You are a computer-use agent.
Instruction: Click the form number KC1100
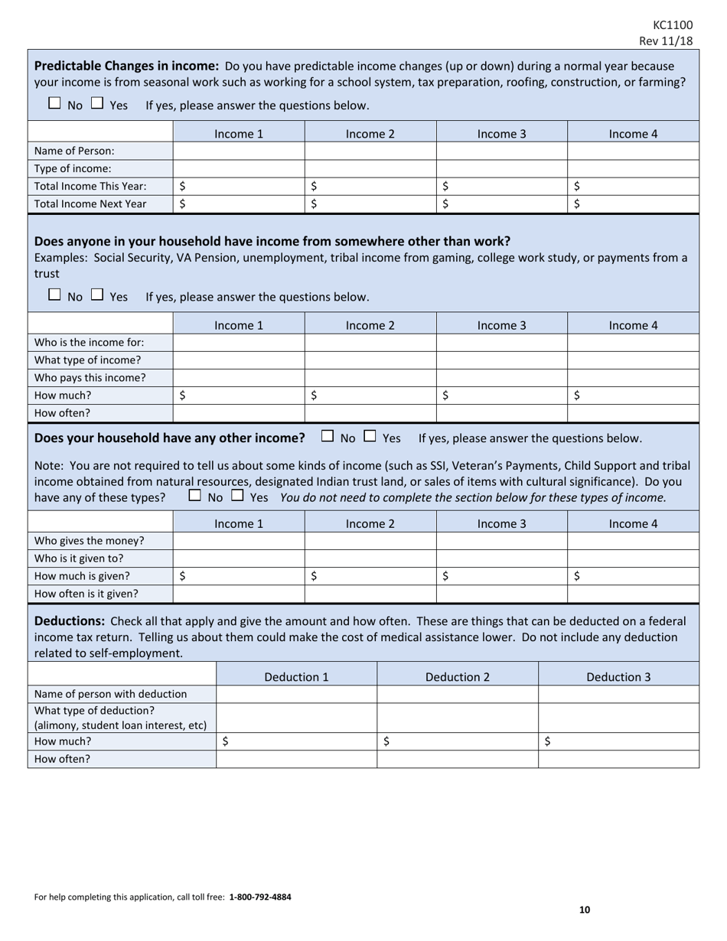[x=673, y=24]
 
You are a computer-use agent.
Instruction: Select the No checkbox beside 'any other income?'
[x=328, y=437]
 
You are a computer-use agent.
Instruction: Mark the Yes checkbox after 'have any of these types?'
[x=237, y=496]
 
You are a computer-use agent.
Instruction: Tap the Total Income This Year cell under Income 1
[x=239, y=186]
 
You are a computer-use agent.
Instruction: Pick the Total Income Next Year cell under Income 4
[x=633, y=204]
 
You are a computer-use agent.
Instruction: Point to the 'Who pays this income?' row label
[x=90, y=377]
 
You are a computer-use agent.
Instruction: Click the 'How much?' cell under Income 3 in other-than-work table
[x=501, y=396]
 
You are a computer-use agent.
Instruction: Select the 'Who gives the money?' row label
[x=90, y=541]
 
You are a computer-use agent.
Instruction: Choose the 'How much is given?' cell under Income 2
[x=370, y=576]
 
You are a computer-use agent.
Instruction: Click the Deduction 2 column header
[x=458, y=676]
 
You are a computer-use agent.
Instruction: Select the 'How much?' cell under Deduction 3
[x=618, y=741]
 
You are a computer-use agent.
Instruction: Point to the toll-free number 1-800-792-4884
[x=259, y=897]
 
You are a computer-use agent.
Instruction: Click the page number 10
[x=585, y=910]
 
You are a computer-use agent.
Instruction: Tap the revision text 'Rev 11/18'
[x=666, y=41]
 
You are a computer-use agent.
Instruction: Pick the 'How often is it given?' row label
[x=86, y=593]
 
